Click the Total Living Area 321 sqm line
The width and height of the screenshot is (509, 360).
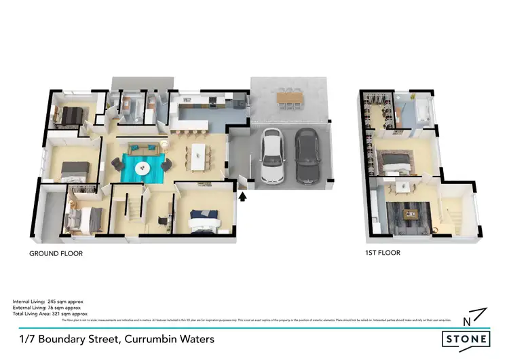point(50,314)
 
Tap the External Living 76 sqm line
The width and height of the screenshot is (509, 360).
point(48,307)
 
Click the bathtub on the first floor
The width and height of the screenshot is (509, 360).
point(423,110)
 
